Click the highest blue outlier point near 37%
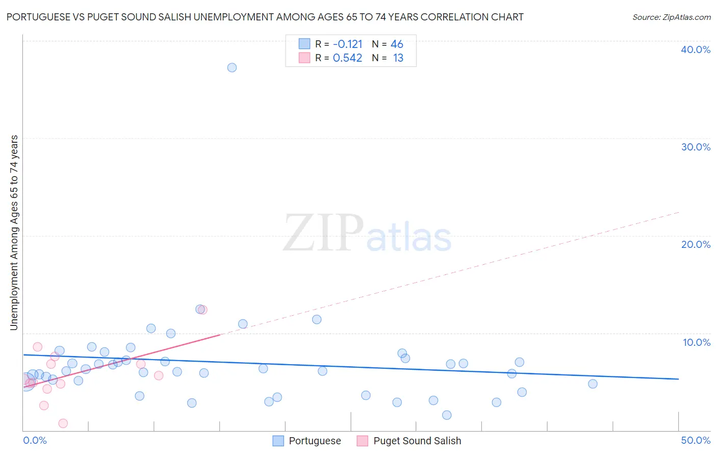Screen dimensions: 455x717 click(x=232, y=67)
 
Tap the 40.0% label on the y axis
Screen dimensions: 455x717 click(x=696, y=49)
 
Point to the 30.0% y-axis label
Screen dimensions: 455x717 click(x=696, y=147)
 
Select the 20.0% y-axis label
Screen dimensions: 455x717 click(x=696, y=244)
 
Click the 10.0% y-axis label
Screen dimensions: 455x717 click(x=697, y=342)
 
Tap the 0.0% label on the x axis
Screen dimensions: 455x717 click(x=35, y=440)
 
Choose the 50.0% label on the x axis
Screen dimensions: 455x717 click(x=696, y=440)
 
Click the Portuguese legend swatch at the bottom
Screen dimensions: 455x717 click(x=278, y=441)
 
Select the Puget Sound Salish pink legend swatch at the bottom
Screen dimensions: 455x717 click(x=362, y=441)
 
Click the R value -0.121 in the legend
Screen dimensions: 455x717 click(x=347, y=44)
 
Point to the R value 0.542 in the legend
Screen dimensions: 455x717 click(x=347, y=58)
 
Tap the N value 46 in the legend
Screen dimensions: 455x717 click(x=397, y=44)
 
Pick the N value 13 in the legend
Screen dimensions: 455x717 click(x=398, y=58)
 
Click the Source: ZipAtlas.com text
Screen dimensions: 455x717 click(x=671, y=17)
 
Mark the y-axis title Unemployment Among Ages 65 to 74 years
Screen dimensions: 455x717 click(x=14, y=233)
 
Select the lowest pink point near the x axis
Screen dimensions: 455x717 click(x=63, y=423)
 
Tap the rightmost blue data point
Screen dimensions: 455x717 click(x=593, y=384)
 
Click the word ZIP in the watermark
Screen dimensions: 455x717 click(x=323, y=233)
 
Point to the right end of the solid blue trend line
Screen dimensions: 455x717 click(x=678, y=379)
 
